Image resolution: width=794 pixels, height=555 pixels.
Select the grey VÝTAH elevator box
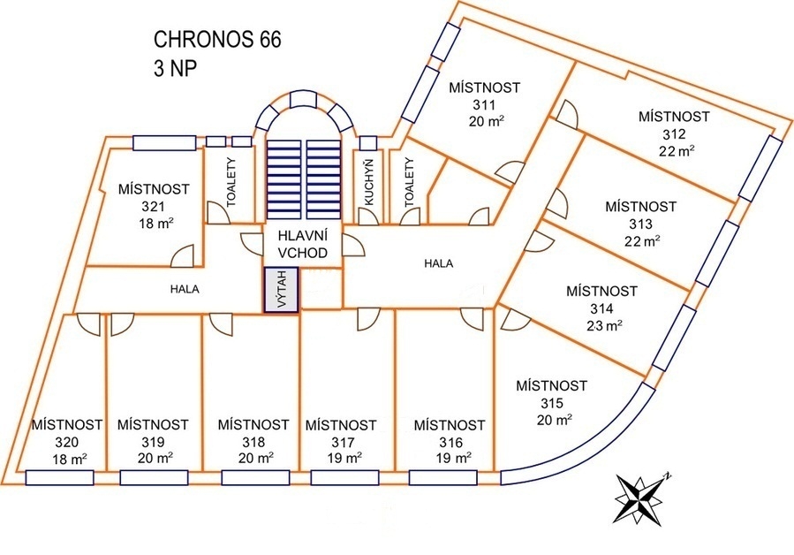point(282,290)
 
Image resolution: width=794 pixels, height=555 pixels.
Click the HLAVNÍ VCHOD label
point(303,244)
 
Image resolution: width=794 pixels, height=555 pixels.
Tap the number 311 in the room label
point(483,104)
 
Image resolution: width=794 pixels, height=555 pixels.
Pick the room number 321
point(153,206)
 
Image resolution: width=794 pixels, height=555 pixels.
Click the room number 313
point(640,223)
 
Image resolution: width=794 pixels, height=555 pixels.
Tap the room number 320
point(67,442)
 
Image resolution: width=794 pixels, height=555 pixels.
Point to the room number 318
point(253,441)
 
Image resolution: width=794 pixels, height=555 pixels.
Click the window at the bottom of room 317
point(345,478)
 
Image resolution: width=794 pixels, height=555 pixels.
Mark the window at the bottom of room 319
point(155,478)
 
